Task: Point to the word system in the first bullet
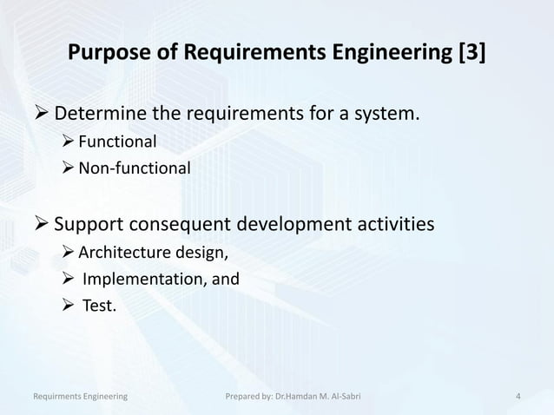point(384,113)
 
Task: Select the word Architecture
point(121,254)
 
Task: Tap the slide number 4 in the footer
point(518,397)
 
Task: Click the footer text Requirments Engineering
point(80,397)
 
